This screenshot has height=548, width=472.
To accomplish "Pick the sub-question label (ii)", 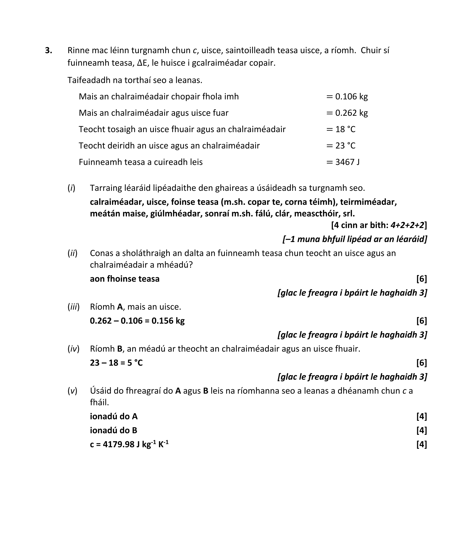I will (72, 253).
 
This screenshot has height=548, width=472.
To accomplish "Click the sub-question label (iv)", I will (73, 349).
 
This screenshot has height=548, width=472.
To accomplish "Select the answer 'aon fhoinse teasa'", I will (125, 279).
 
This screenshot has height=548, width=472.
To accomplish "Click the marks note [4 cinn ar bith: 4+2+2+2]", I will (379, 225).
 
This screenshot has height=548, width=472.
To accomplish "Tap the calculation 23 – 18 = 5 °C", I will (116, 363).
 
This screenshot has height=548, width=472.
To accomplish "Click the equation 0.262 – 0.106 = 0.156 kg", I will (137, 321).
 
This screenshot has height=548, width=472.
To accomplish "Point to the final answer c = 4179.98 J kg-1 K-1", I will (129, 444).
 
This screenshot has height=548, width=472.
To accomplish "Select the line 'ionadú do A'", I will (114, 416).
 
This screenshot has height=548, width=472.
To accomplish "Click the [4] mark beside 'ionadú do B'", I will (421, 430).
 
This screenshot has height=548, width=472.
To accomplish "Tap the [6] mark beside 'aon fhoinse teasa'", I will (421, 279).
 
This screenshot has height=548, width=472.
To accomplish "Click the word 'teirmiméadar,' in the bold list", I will (368, 202).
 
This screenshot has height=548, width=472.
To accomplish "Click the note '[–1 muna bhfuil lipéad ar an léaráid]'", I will (355, 239).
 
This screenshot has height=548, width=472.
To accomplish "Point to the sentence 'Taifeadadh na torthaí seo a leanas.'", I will (135, 80).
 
